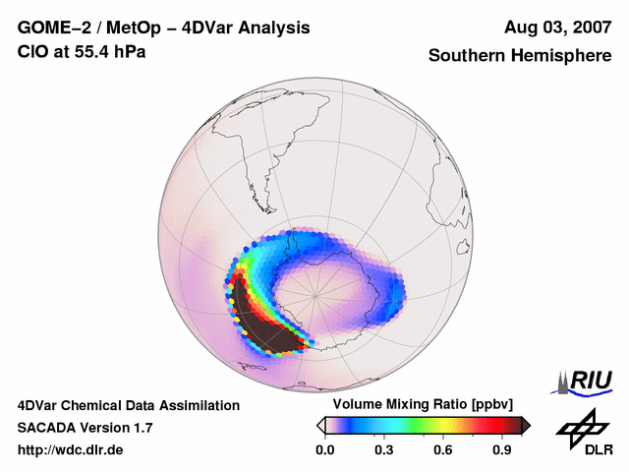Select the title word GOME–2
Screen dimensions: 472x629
56,28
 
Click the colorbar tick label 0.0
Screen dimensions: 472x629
324,450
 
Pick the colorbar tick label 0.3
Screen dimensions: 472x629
384,450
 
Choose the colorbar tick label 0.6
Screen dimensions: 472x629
444,450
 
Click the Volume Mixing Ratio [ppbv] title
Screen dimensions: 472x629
419,405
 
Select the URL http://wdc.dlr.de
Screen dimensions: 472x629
71,450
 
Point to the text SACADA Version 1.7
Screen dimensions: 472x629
85,428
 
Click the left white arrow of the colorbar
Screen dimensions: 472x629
320,425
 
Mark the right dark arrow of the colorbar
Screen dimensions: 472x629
525,425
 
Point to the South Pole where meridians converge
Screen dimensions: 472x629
316,294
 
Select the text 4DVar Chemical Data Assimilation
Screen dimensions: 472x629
129,405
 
